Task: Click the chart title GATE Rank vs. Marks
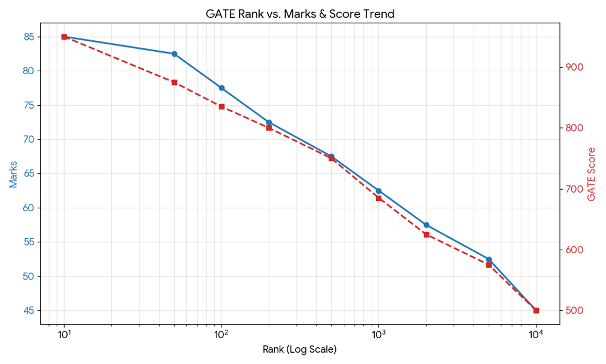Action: click(300, 14)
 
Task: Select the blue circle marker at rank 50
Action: click(174, 54)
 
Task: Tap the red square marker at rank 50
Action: click(174, 82)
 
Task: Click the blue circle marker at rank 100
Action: click(222, 88)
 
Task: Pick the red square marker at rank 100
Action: click(222, 107)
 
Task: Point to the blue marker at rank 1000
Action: click(379, 191)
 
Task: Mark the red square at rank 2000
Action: click(426, 235)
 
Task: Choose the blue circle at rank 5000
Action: click(489, 259)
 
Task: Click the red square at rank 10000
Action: click(536, 310)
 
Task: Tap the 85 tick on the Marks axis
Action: click(28, 37)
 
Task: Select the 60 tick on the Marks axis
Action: click(28, 208)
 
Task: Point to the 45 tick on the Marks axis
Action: click(28, 310)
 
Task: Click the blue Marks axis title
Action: click(14, 174)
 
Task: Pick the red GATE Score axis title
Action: click(592, 174)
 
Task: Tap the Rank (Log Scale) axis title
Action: click(299, 349)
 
